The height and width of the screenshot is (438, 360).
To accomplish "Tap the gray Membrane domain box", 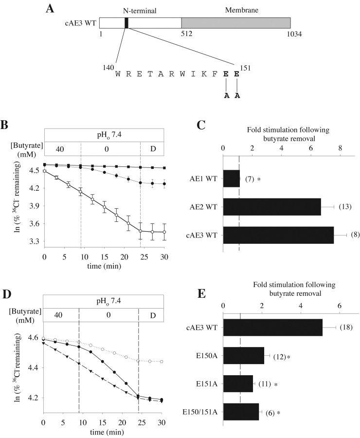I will [235, 23].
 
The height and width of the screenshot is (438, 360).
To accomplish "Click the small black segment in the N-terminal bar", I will [126, 23].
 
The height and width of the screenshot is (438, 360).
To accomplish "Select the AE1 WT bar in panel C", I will [231, 179].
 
